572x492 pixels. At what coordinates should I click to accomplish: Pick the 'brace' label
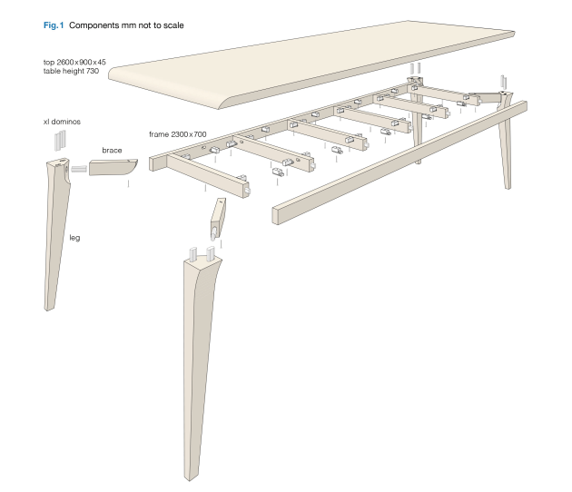pos(112,150)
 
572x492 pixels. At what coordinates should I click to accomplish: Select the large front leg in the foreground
pos(204,345)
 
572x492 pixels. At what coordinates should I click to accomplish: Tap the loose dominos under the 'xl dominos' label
pos(60,140)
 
